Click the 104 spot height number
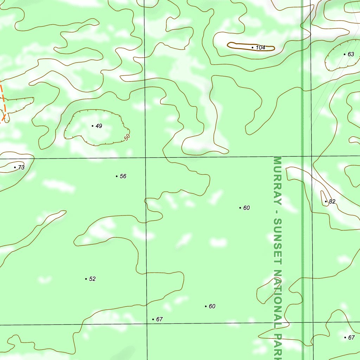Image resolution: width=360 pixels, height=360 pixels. click(261, 47)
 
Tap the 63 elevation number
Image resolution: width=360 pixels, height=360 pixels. click(351, 54)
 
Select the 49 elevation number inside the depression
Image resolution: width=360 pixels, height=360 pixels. click(99, 126)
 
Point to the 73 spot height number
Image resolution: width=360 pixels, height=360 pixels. click(21, 167)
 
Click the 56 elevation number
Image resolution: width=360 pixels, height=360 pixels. click(123, 176)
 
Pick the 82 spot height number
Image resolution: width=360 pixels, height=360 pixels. click(332, 201)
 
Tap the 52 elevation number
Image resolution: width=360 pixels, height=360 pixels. click(92, 279)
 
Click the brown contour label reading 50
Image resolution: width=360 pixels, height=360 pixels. click(127, 137)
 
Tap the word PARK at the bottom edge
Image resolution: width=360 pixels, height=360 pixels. click(278, 346)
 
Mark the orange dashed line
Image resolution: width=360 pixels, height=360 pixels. click(3, 102)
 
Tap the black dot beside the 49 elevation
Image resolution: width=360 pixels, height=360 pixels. click(92, 126)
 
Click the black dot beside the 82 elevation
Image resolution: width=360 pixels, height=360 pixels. click(326, 201)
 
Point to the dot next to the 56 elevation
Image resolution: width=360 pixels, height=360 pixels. click(117, 176)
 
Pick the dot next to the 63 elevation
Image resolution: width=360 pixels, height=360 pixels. click(345, 54)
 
